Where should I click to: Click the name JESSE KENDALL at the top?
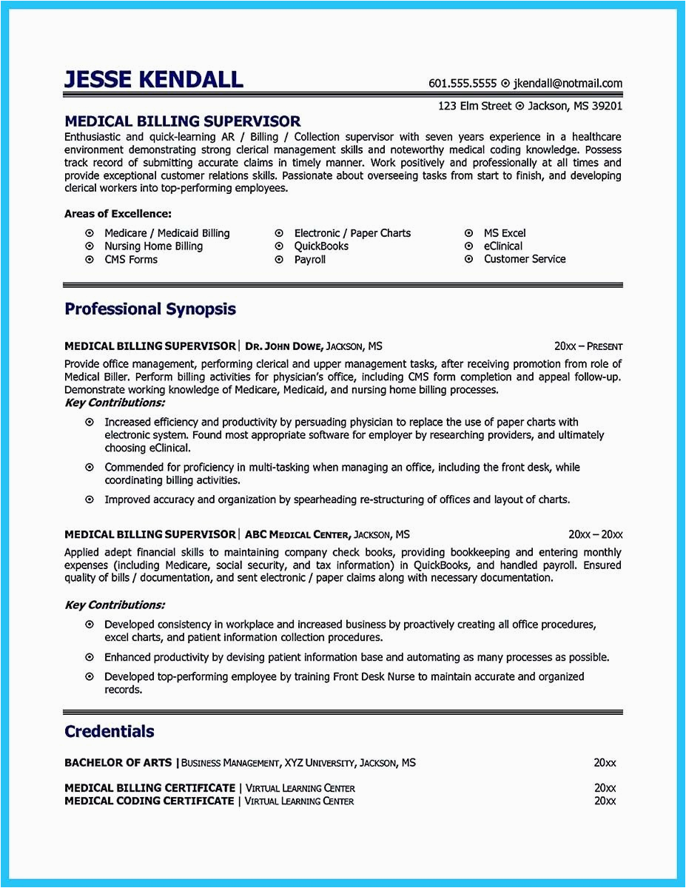[154, 78]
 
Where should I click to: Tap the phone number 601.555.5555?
[462, 84]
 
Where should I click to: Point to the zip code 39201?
[607, 106]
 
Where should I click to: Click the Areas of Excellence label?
[118, 214]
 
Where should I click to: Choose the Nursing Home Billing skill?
[153, 246]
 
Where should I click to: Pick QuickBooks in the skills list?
[321, 246]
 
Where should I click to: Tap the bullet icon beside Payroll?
[279, 260]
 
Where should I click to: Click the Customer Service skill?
[525, 259]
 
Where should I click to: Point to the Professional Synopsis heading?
[150, 309]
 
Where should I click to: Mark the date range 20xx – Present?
[588, 346]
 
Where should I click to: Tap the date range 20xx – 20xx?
[595, 534]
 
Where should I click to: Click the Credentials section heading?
[110, 731]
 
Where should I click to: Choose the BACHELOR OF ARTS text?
[118, 762]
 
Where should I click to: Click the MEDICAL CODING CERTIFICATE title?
[149, 801]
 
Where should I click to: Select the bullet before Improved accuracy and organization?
[90, 499]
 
